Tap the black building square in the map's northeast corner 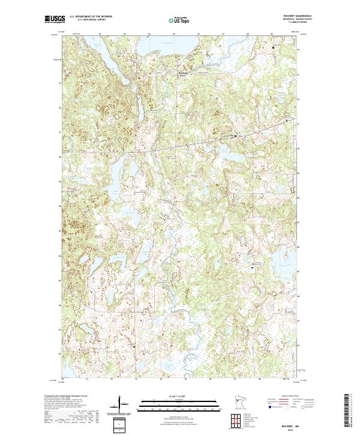273,47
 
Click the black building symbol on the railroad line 235,136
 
